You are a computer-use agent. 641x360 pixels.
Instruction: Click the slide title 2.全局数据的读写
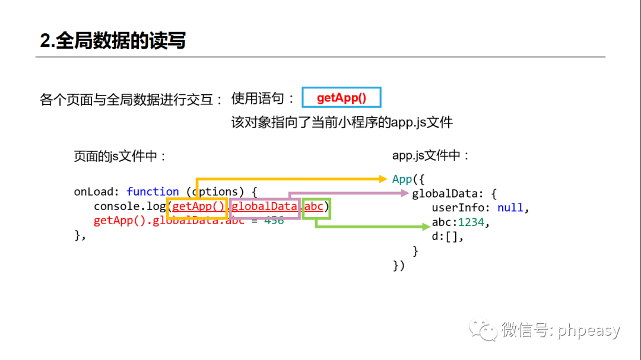pyautogui.click(x=113, y=40)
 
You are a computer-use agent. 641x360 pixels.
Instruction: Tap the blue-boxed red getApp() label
pyautogui.click(x=341, y=98)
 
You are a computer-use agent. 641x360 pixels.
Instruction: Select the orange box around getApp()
pyautogui.click(x=198, y=207)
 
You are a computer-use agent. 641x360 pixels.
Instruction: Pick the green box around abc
pyautogui.click(x=316, y=207)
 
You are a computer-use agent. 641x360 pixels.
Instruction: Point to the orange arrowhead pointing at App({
pyautogui.click(x=383, y=178)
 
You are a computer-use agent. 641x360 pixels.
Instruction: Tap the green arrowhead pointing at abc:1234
pyautogui.click(x=425, y=227)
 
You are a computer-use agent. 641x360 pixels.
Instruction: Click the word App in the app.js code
pyautogui.click(x=402, y=179)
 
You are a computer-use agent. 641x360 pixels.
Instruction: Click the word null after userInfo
pyautogui.click(x=510, y=208)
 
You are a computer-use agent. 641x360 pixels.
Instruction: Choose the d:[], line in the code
pyautogui.click(x=447, y=236)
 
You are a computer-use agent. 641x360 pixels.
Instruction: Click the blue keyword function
pyautogui.click(x=153, y=192)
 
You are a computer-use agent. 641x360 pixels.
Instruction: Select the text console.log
pyautogui.click(x=129, y=206)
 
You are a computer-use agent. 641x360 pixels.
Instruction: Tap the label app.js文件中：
pyautogui.click(x=431, y=155)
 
